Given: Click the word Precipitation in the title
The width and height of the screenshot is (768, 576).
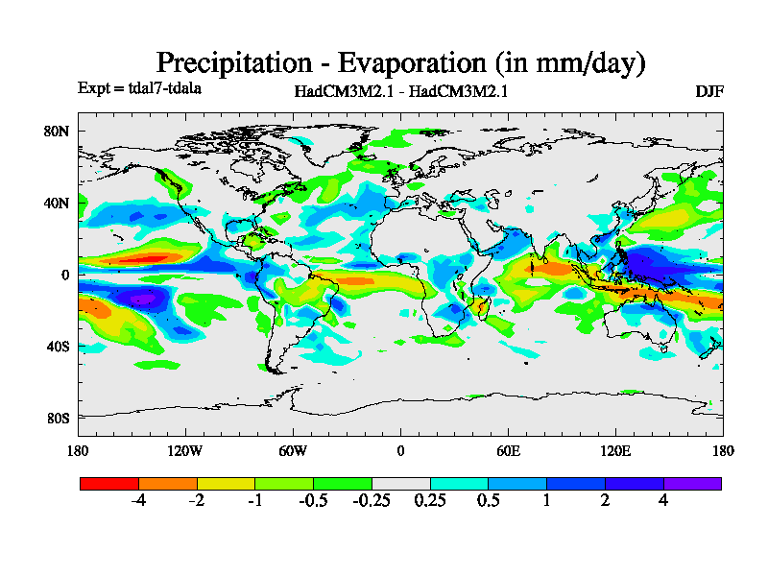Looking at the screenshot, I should pos(234,63).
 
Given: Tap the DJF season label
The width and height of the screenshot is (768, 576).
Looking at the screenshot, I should pos(709,91).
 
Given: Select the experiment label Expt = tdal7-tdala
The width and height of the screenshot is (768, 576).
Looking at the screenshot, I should pos(138,88).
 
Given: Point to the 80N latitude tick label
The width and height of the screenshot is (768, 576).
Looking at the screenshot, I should pos(59,132).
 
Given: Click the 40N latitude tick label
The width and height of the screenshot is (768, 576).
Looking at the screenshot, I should pos(59,204).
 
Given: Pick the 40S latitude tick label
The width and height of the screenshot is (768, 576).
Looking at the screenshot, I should pos(59,347).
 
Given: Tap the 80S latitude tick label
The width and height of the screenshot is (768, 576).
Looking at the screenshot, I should pos(59,419).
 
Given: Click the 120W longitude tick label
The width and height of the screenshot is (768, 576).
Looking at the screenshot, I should pos(184,451).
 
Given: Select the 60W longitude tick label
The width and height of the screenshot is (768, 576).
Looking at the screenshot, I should pos(293,451).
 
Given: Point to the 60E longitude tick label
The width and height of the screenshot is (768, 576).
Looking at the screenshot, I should pos(508,451).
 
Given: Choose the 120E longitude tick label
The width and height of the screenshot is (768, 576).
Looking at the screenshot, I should pos(615,451).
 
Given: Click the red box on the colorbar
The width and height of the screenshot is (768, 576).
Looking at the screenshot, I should pos(108,484).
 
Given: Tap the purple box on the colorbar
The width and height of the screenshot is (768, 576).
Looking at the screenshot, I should pos(692,484).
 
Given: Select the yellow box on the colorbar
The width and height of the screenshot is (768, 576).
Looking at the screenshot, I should pos(226,484).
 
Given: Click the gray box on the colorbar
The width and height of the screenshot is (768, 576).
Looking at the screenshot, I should pos(400,484).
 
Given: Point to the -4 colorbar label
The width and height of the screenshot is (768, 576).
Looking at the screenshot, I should pos(138,501).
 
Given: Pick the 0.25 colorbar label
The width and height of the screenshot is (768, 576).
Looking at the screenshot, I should pos(430,501).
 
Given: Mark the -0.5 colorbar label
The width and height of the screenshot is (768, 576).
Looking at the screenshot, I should pos(313,501).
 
